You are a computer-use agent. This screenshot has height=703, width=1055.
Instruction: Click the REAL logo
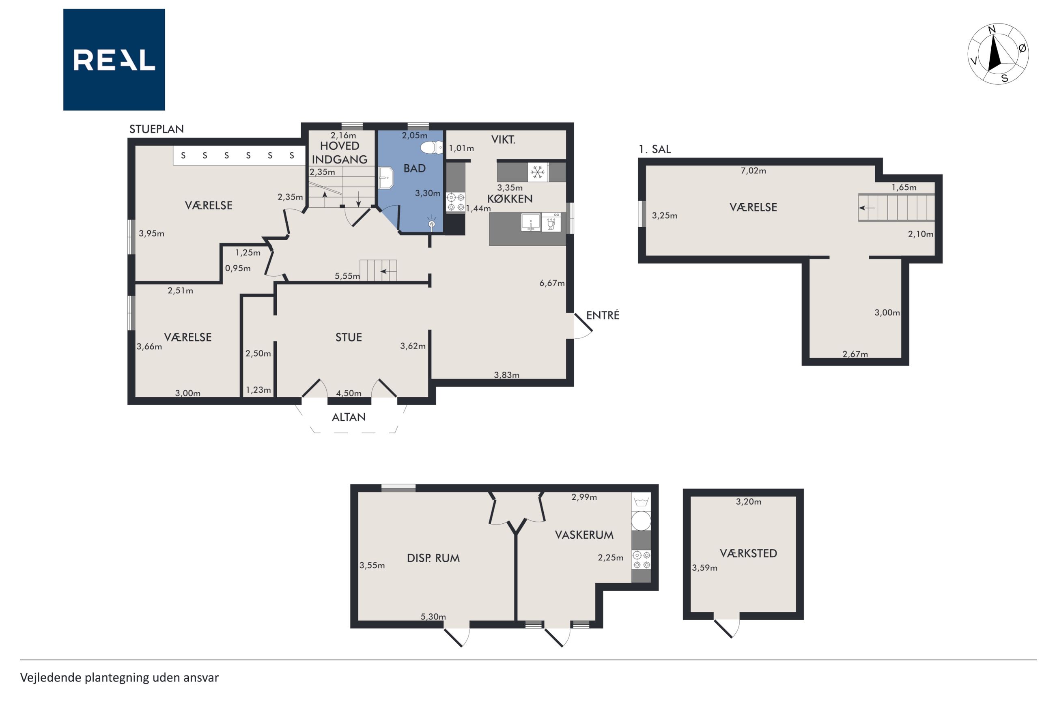[x=114, y=60]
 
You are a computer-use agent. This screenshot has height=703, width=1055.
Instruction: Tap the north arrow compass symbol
[x=998, y=54]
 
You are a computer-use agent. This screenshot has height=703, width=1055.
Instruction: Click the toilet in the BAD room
[x=431, y=147]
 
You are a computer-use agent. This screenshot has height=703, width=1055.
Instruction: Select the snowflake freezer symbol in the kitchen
[x=538, y=172]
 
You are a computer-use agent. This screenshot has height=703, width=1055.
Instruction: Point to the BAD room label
[x=414, y=169]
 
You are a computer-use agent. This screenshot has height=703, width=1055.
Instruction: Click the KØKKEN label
[x=510, y=199]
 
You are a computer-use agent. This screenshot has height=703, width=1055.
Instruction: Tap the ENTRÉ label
[x=603, y=315]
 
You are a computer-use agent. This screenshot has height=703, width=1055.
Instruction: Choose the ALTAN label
[x=349, y=417]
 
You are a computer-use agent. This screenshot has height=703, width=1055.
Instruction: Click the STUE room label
[x=349, y=337]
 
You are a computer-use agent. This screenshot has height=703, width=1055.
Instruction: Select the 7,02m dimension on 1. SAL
[x=753, y=171]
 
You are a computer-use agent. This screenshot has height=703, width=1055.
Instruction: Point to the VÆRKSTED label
[x=748, y=553]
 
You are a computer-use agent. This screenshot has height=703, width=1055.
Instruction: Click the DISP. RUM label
[x=433, y=558]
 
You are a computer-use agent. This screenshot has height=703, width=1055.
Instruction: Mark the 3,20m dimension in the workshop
[x=748, y=502]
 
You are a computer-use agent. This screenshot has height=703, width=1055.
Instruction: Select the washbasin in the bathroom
[x=385, y=178]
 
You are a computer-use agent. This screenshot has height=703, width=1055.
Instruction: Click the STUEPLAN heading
[x=157, y=129]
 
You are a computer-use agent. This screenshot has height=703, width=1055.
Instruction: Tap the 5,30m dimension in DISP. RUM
[x=433, y=617]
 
